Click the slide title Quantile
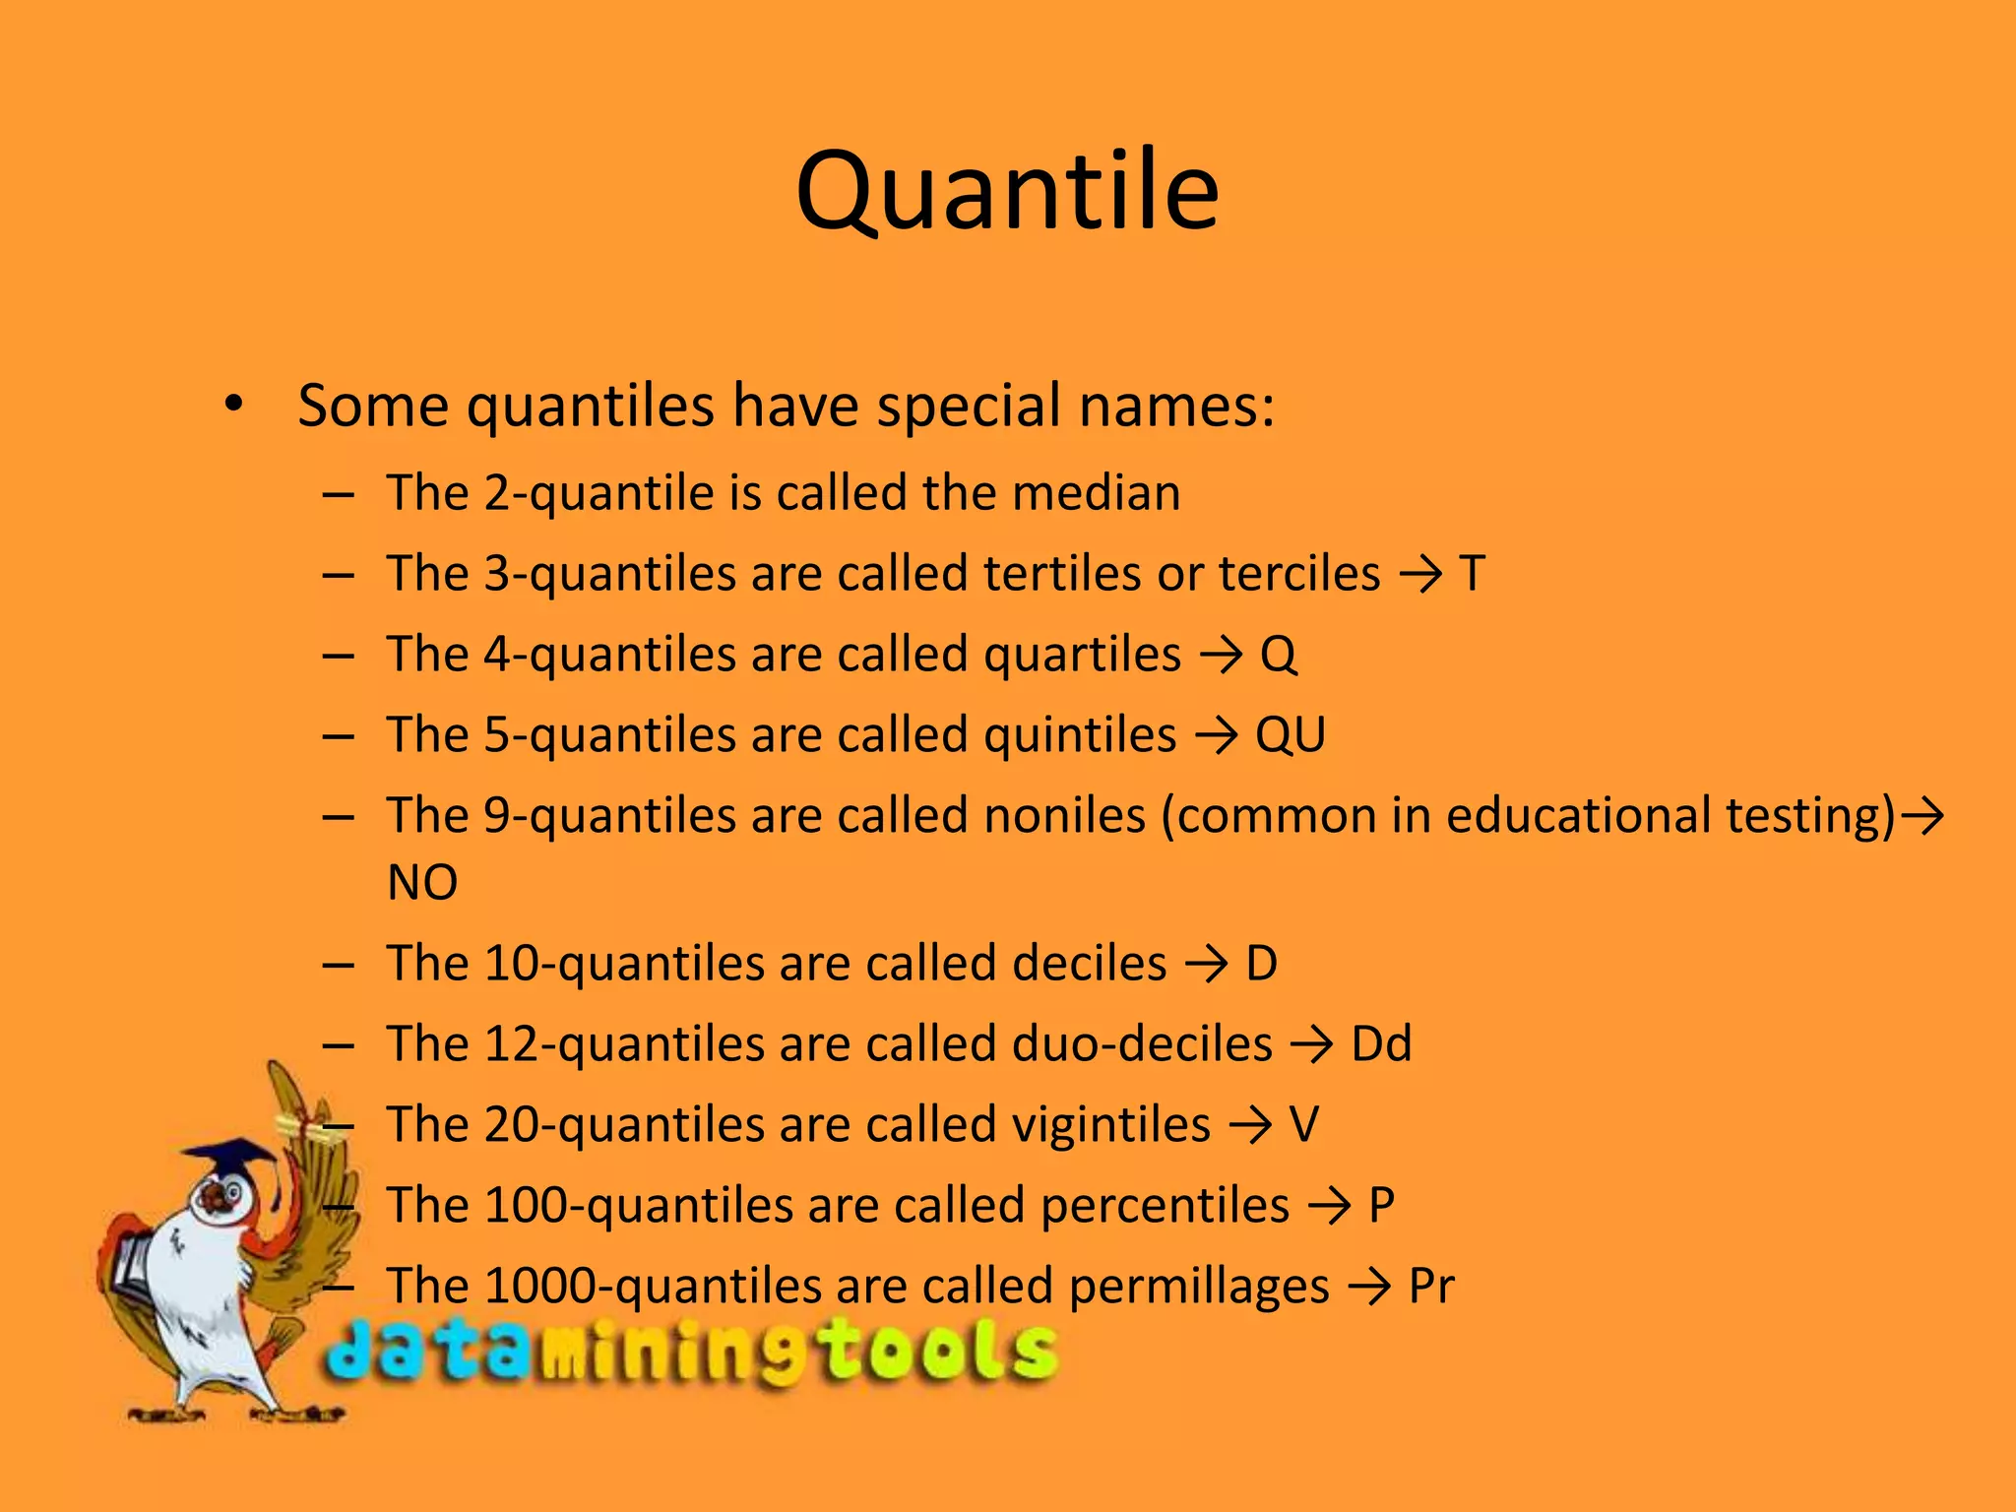click(1007, 191)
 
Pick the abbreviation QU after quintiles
click(1290, 735)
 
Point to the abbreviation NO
click(422, 883)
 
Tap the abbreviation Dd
click(1381, 1044)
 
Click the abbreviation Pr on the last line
click(1430, 1287)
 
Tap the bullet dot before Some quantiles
click(232, 404)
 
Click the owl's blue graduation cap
click(228, 1158)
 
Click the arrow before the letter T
click(1420, 575)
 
